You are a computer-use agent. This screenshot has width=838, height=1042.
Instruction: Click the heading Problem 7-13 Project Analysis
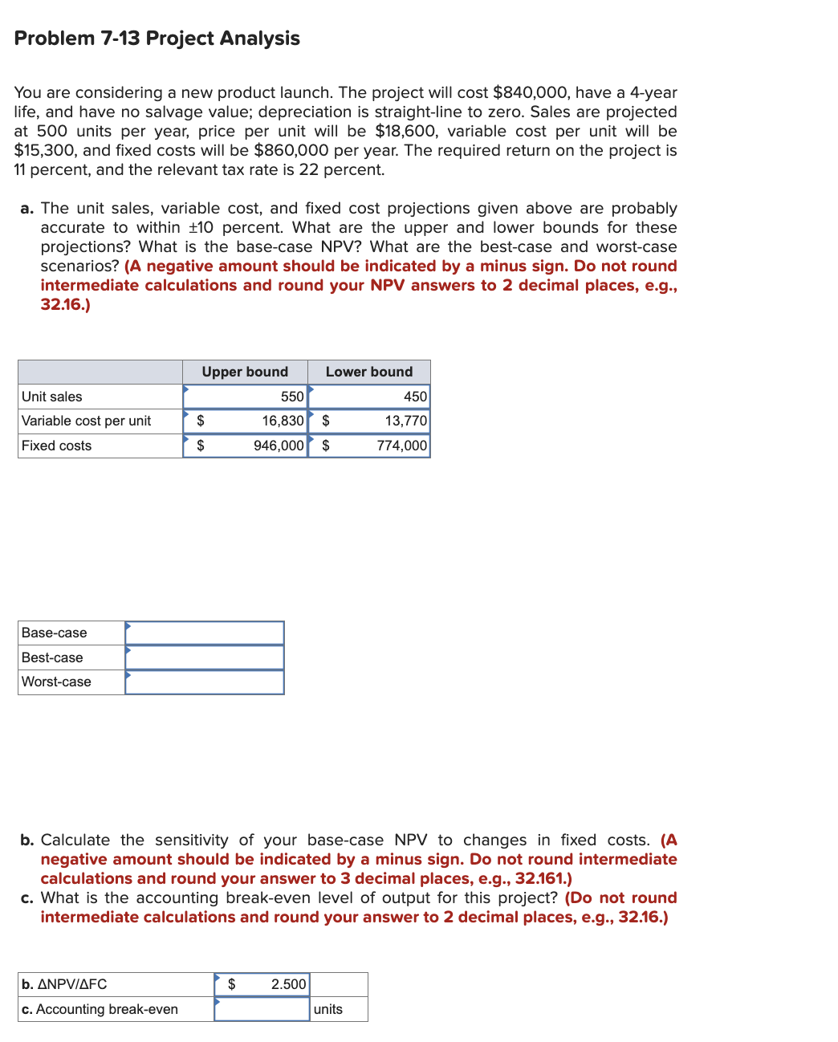157,39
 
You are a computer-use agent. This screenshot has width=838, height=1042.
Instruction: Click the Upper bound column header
245,372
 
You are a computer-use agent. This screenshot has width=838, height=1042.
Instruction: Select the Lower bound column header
368,372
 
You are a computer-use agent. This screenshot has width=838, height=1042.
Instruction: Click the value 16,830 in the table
283,421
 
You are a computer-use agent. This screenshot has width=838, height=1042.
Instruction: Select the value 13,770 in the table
405,421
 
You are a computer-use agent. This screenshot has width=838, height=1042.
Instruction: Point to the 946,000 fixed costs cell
279,446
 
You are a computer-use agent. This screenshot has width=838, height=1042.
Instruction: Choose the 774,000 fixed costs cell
401,446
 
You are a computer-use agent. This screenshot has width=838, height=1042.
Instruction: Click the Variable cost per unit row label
86,421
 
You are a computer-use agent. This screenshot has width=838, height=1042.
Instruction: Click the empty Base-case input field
205,633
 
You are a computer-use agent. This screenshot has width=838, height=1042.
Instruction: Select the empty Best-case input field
205,657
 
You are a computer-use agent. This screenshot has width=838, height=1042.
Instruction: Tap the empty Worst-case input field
205,682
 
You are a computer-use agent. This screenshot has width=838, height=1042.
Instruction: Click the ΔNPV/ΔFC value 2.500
288,984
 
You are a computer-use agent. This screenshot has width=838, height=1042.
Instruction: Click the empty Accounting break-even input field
262,1009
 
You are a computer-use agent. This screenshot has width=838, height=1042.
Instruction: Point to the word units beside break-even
327,1009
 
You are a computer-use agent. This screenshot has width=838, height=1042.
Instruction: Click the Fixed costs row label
56,446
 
